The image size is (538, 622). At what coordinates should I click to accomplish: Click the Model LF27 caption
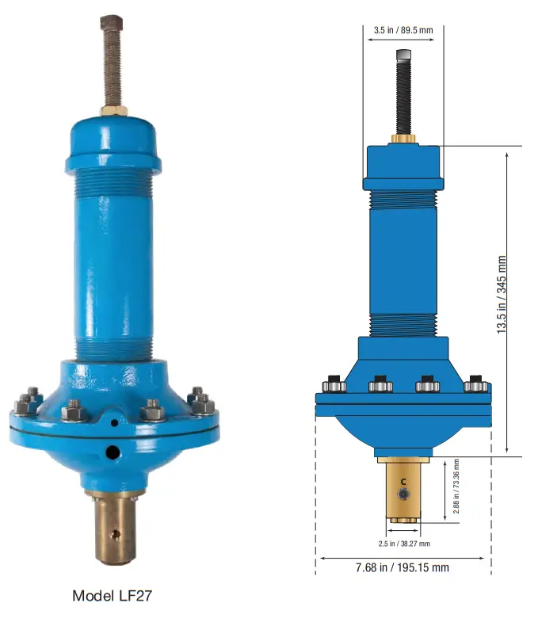pos(112,595)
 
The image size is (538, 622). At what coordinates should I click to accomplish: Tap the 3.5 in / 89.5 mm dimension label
pos(403,31)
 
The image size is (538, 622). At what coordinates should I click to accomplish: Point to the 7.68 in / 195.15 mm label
pos(403,567)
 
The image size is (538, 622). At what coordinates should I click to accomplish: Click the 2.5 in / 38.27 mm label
pos(403,544)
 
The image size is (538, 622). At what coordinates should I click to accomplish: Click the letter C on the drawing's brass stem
pos(403,481)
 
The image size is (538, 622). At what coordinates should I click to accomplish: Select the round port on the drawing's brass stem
pos(406,494)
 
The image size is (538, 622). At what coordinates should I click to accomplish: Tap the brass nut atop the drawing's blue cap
pos(403,139)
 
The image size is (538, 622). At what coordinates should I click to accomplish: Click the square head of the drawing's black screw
pos(403,55)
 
